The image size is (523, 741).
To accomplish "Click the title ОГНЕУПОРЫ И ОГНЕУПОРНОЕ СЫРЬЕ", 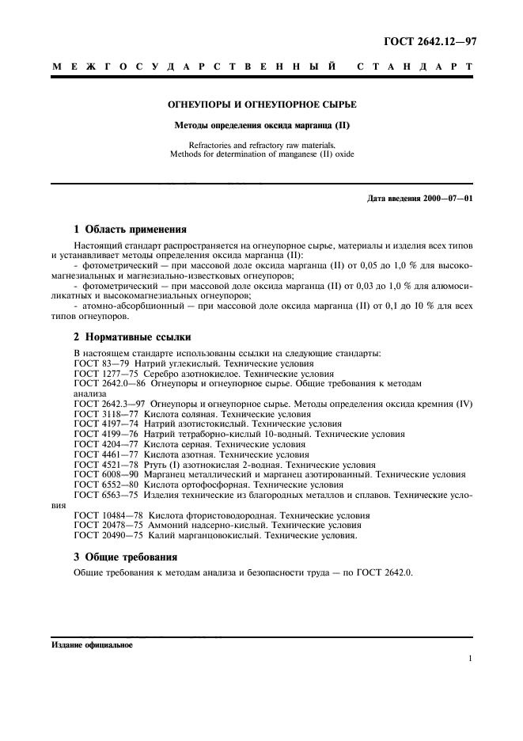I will [x=262, y=104].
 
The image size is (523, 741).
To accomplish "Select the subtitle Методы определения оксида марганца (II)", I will [x=262, y=125].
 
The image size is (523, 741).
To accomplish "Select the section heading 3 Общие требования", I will [x=125, y=557].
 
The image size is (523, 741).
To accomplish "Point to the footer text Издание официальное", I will [x=93, y=645].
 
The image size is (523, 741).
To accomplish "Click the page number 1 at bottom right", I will [x=469, y=659].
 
